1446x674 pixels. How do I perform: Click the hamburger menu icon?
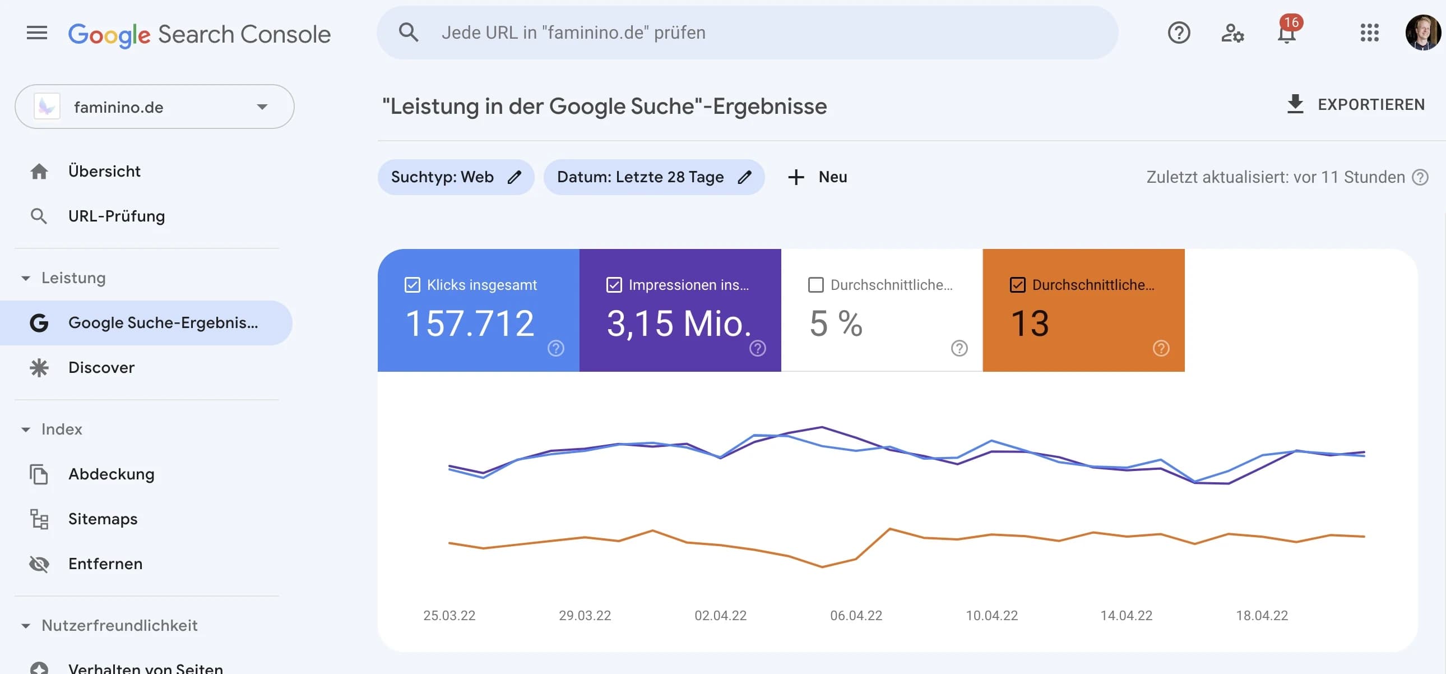click(37, 33)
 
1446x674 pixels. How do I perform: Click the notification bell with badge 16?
click(1286, 33)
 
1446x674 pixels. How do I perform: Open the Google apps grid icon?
click(1369, 33)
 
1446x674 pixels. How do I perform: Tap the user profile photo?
click(1422, 33)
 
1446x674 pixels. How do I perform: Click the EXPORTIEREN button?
click(1355, 104)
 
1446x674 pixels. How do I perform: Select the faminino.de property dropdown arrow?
click(262, 107)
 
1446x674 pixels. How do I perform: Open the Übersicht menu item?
click(104, 172)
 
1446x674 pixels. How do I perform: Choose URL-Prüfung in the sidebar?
click(116, 216)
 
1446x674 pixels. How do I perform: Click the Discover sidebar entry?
click(101, 367)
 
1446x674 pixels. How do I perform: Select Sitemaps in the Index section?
click(103, 519)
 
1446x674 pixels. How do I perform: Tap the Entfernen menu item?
click(105, 564)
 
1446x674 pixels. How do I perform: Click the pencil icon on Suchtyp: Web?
click(514, 178)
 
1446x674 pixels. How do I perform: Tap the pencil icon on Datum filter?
click(744, 178)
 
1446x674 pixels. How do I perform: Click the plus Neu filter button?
click(817, 178)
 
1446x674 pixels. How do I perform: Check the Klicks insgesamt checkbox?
click(412, 285)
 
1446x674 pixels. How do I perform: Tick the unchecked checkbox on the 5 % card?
click(815, 285)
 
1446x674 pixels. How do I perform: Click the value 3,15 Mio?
click(679, 324)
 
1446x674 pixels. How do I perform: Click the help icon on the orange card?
click(1161, 348)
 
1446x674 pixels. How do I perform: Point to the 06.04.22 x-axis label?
click(855, 616)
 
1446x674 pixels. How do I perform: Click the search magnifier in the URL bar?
click(408, 33)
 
